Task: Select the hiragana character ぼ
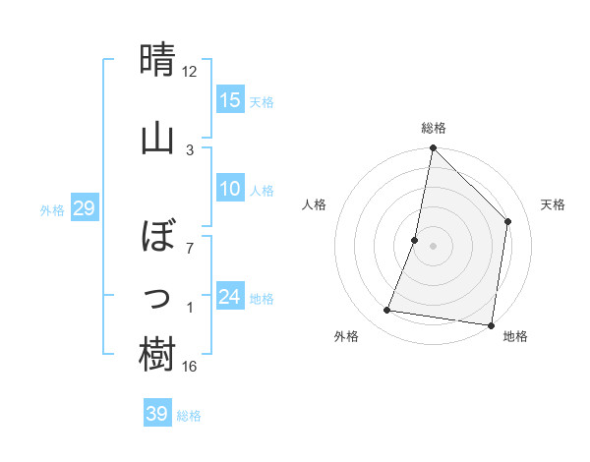pyautogui.click(x=157, y=237)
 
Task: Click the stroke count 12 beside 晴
pyautogui.click(x=190, y=72)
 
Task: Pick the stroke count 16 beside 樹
pyautogui.click(x=190, y=367)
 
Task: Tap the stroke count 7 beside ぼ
pyautogui.click(x=190, y=249)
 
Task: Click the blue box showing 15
pyautogui.click(x=230, y=100)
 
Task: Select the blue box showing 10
pyautogui.click(x=230, y=189)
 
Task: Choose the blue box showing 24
pyautogui.click(x=230, y=297)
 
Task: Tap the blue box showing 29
pyautogui.click(x=84, y=208)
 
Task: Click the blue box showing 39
pyautogui.click(x=157, y=414)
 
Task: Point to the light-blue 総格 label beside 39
pyautogui.click(x=189, y=416)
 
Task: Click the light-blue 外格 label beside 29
pyautogui.click(x=52, y=210)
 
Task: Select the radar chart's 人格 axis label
pyautogui.click(x=315, y=204)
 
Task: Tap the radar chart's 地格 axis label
pyautogui.click(x=515, y=336)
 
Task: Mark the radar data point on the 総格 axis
pyautogui.click(x=433, y=147)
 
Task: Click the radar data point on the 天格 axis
pyautogui.click(x=508, y=221)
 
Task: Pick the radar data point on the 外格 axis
pyautogui.click(x=387, y=311)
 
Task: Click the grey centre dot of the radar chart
pyautogui.click(x=433, y=246)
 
